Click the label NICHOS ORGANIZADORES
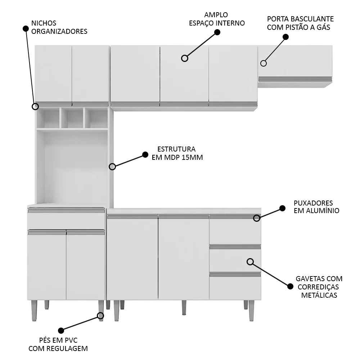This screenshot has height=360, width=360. (59, 27)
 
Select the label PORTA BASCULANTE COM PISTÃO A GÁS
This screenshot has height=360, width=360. (300, 23)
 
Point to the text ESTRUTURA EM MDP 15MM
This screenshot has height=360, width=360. (176, 153)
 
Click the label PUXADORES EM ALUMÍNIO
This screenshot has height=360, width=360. (316, 207)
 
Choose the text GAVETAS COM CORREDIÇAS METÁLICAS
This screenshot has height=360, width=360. (319, 287)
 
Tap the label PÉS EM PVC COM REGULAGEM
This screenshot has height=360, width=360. (58, 344)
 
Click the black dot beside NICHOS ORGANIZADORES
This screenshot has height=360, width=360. (26, 28)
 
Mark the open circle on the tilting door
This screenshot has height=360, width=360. (264, 63)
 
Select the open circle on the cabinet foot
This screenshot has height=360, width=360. (100, 316)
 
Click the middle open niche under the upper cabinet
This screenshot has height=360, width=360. (72, 118)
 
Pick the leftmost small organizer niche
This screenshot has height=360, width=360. (49, 118)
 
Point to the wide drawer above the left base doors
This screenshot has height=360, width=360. (66, 221)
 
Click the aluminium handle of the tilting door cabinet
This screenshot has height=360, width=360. (295, 79)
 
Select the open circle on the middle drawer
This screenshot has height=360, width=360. (250, 261)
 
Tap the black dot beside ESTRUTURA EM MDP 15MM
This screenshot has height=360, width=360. (145, 154)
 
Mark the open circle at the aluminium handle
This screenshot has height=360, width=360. (257, 218)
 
